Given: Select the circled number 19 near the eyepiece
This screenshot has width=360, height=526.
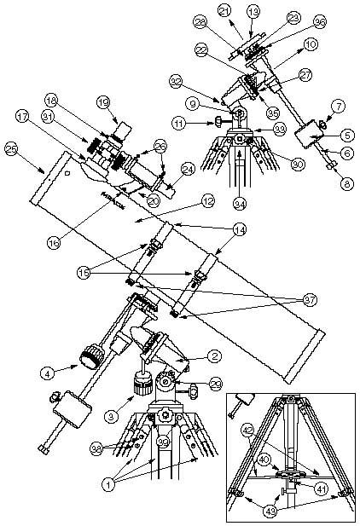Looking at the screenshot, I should tap(105, 103).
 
